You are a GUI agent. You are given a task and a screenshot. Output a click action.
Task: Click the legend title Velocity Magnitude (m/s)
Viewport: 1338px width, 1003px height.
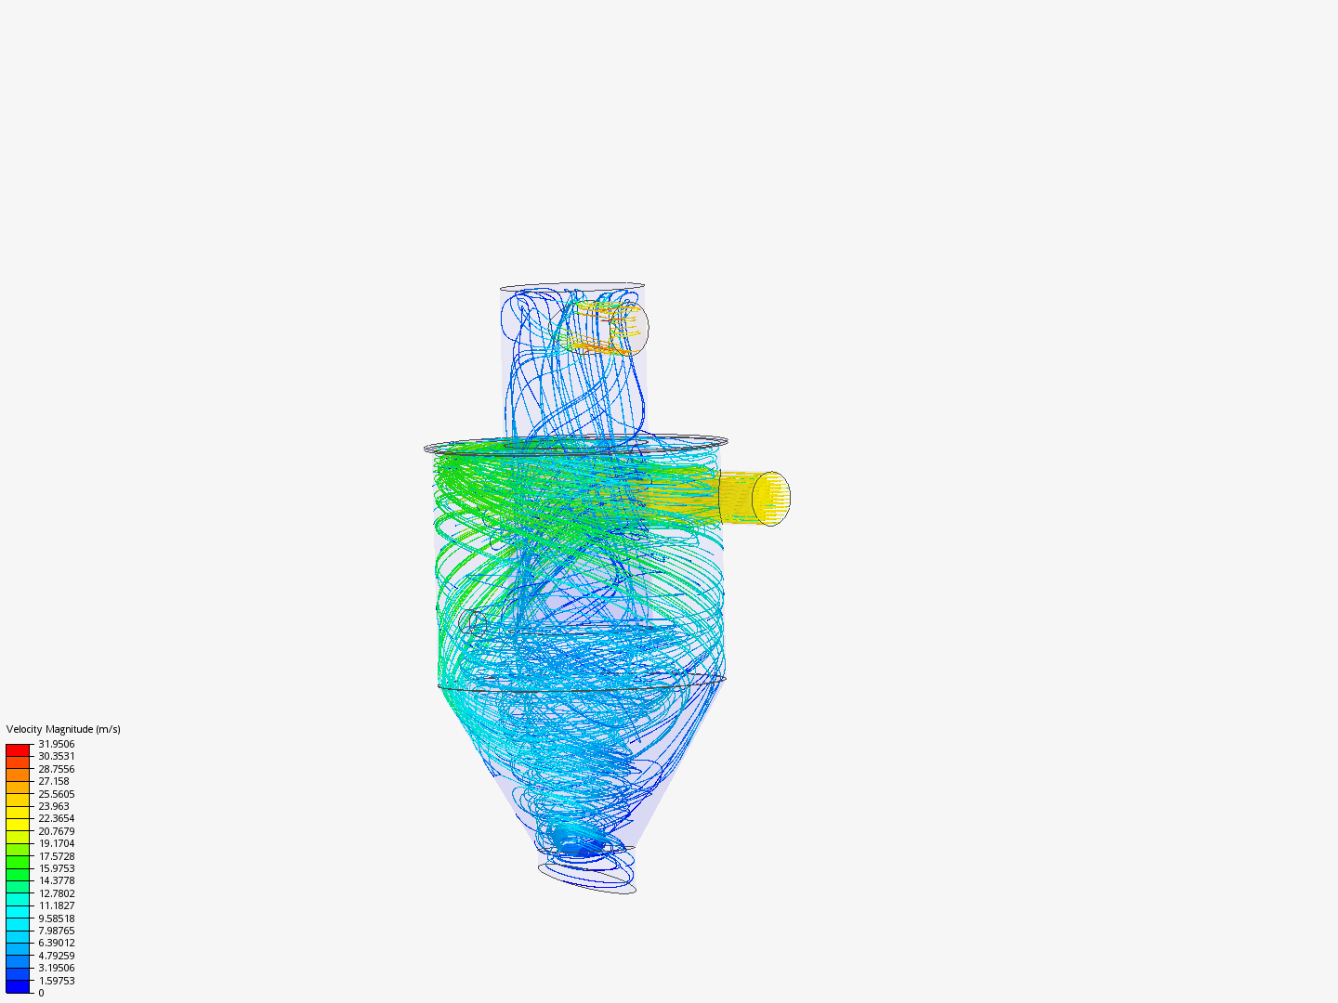(x=63, y=729)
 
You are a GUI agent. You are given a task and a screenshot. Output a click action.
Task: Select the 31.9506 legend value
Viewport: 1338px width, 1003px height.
(x=56, y=744)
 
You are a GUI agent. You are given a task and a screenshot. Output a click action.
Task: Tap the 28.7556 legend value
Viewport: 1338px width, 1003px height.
(x=56, y=769)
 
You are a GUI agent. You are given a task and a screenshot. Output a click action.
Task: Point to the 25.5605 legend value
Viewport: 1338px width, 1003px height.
(x=56, y=793)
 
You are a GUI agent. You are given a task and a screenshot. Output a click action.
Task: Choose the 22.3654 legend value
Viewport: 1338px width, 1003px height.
(x=56, y=818)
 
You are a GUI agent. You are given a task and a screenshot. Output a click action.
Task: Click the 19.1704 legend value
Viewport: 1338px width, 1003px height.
(x=56, y=843)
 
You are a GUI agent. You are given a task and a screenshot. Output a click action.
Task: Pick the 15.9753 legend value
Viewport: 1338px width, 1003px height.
(x=56, y=868)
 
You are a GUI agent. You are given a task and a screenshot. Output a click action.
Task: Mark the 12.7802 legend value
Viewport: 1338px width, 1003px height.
(x=56, y=893)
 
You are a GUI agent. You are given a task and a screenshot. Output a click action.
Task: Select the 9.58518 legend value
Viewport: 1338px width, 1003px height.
(x=56, y=918)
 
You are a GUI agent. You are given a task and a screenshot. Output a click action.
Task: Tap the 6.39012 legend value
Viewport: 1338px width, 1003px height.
(x=56, y=943)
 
